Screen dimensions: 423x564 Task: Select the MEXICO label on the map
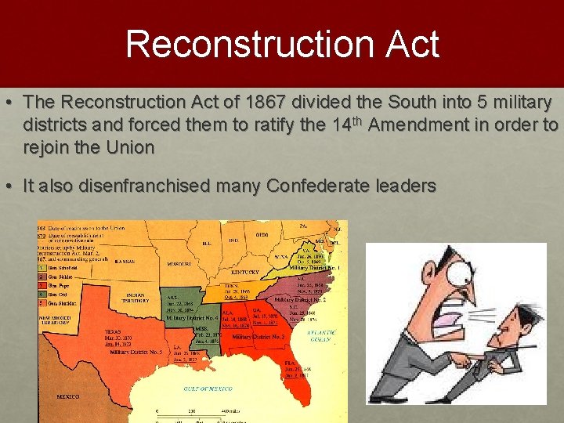(x=67, y=397)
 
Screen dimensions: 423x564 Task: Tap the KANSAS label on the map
(x=125, y=261)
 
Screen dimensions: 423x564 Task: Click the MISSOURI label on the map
(x=180, y=265)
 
